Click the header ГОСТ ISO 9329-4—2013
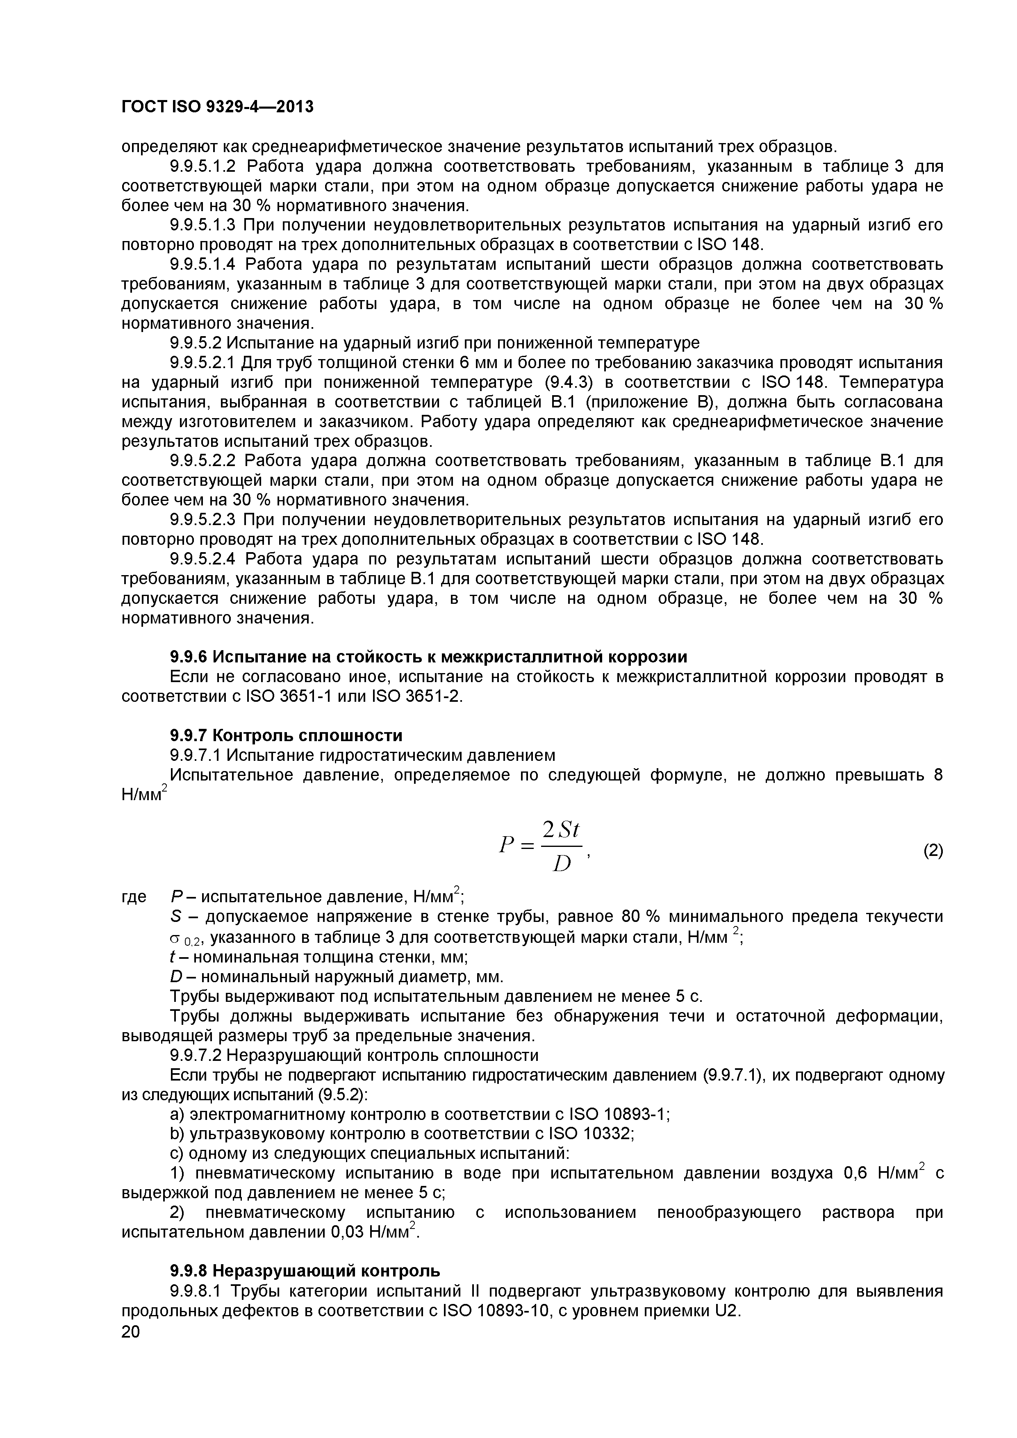pyautogui.click(x=217, y=108)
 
